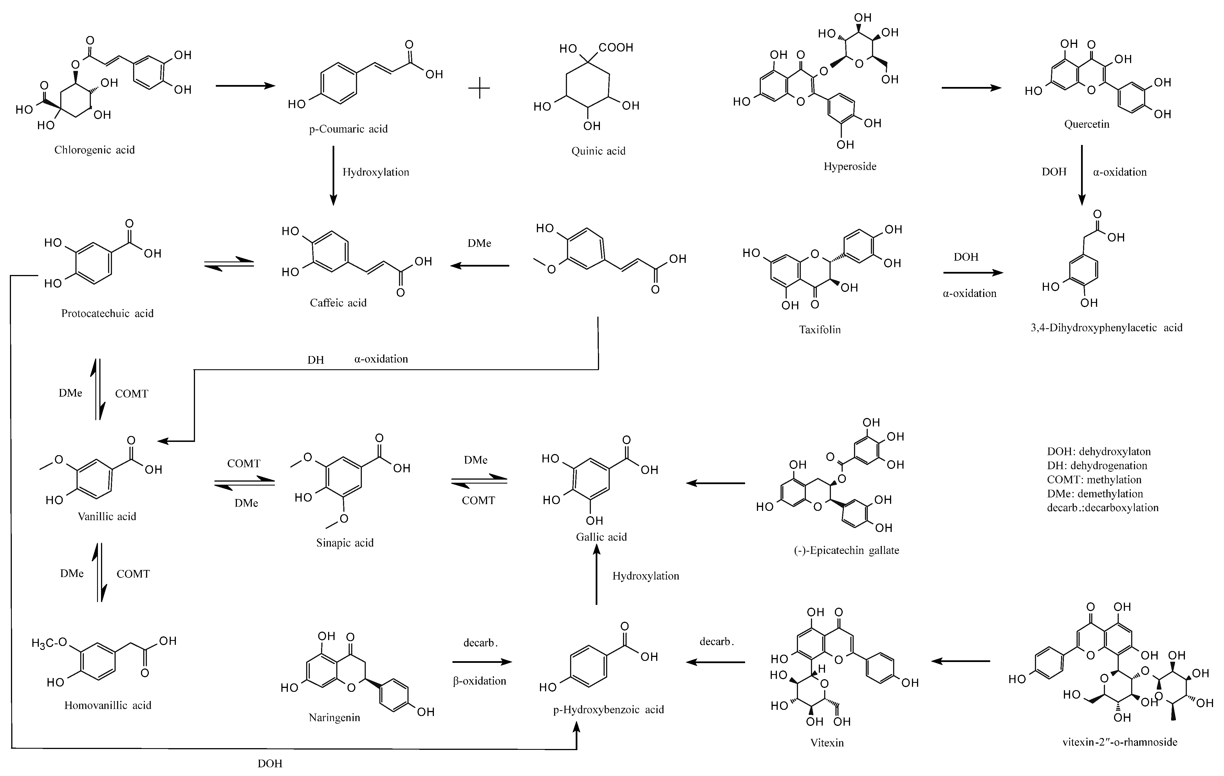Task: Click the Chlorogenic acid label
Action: [95, 150]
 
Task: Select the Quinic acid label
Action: [598, 151]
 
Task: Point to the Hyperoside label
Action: [850, 166]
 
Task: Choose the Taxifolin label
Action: [819, 330]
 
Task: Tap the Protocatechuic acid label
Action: [107, 313]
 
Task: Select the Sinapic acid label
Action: [345, 543]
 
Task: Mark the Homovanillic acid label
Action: [108, 705]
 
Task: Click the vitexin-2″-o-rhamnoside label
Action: [1120, 742]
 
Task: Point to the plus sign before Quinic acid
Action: [479, 88]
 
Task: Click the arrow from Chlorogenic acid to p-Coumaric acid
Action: [245, 86]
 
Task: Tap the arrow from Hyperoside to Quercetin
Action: [971, 88]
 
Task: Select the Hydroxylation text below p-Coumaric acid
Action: [376, 172]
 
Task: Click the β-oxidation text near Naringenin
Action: [479, 681]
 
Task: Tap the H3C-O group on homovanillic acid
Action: [49, 643]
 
